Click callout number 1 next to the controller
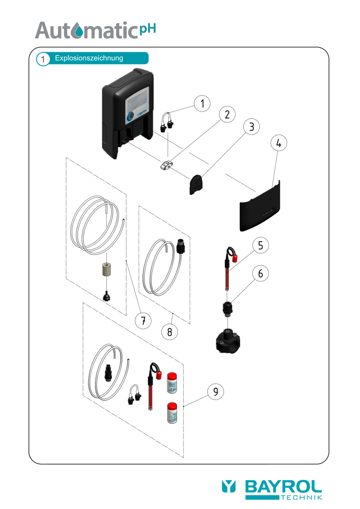click(x=202, y=104)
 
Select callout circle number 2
click(x=227, y=115)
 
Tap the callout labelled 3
click(x=251, y=127)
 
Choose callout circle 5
click(x=260, y=246)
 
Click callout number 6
click(x=260, y=273)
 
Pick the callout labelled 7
click(x=143, y=321)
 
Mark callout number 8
click(x=170, y=332)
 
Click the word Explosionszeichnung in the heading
click(x=89, y=58)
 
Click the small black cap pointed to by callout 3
click(x=196, y=184)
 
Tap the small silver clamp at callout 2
click(x=166, y=165)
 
